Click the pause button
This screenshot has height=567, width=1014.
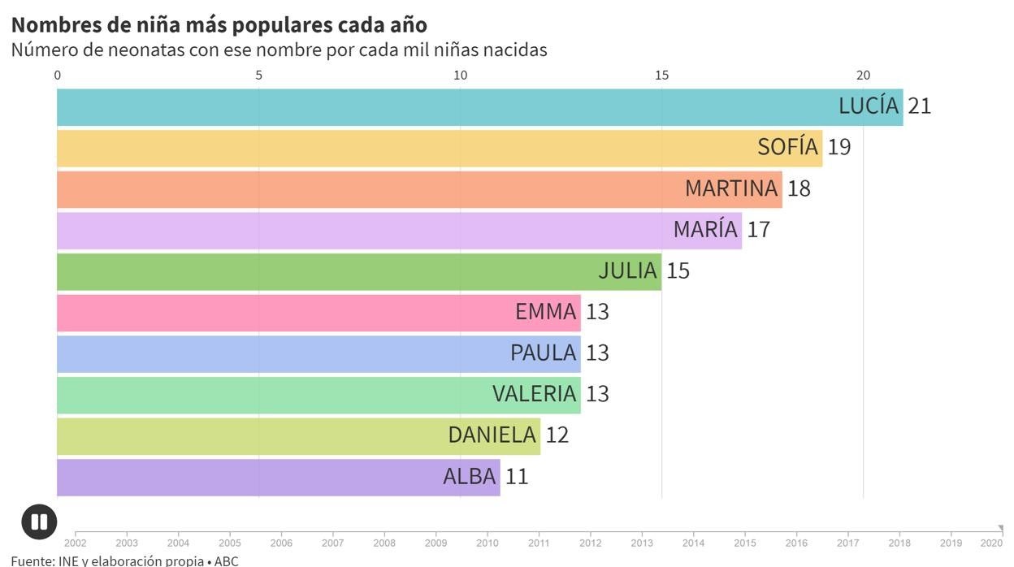(x=39, y=522)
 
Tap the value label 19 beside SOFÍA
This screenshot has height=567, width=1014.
(x=839, y=147)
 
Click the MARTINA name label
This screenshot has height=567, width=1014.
(x=731, y=188)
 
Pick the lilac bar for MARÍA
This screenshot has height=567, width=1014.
(x=366, y=230)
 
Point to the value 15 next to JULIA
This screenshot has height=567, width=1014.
(x=678, y=271)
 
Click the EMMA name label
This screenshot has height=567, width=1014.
(x=545, y=312)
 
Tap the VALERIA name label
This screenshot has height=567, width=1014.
(x=534, y=394)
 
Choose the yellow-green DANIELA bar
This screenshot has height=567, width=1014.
(x=244, y=435)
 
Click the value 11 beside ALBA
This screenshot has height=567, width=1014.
(x=517, y=477)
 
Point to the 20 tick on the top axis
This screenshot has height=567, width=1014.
(x=863, y=76)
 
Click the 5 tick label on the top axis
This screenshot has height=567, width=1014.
(x=259, y=76)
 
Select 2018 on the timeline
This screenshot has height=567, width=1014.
(x=899, y=543)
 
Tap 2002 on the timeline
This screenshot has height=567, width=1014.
(x=75, y=543)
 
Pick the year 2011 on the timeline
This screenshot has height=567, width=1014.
(x=539, y=543)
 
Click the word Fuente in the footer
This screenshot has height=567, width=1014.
(x=30, y=561)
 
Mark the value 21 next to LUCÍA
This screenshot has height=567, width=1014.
(x=919, y=106)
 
